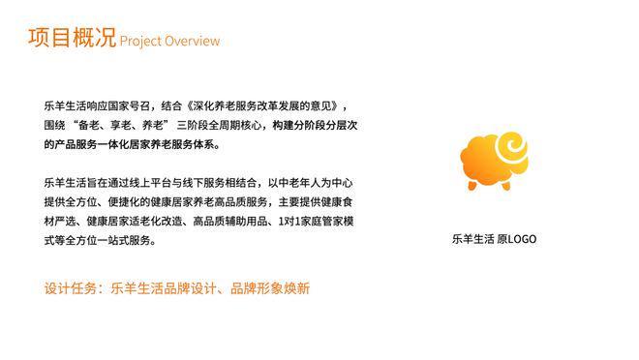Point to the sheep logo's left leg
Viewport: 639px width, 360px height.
pos(474,183)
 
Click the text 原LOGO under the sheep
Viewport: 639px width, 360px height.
pos(516,239)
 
